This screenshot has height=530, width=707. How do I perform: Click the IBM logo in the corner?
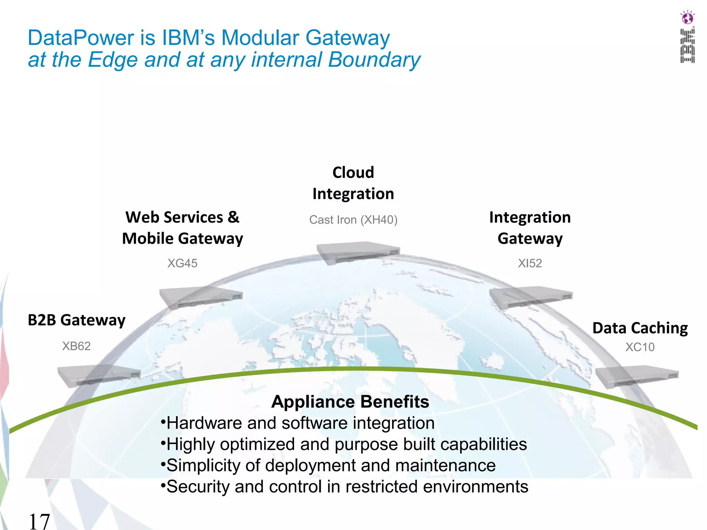coord(687,46)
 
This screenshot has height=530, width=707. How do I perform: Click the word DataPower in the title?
coord(81,38)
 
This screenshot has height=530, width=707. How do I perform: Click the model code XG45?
coord(182,263)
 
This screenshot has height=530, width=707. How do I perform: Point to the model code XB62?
coord(76,346)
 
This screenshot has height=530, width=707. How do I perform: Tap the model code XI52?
coord(530,263)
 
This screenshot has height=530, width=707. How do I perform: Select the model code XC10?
coord(640,347)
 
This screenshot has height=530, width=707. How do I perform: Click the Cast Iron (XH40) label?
coord(353,220)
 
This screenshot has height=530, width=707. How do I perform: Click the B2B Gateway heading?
coord(77,320)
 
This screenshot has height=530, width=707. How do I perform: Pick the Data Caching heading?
coord(640,328)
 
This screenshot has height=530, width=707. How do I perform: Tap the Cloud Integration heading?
coord(353,183)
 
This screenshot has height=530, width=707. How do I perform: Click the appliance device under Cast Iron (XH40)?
coord(358,253)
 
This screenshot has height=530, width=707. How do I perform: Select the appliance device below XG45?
coord(201,297)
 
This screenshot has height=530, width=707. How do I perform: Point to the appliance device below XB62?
coord(99,375)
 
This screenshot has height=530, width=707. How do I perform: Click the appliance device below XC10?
coord(637,377)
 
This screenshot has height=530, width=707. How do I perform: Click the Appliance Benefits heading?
coord(350,402)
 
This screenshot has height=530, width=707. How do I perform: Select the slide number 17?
coord(39,521)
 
